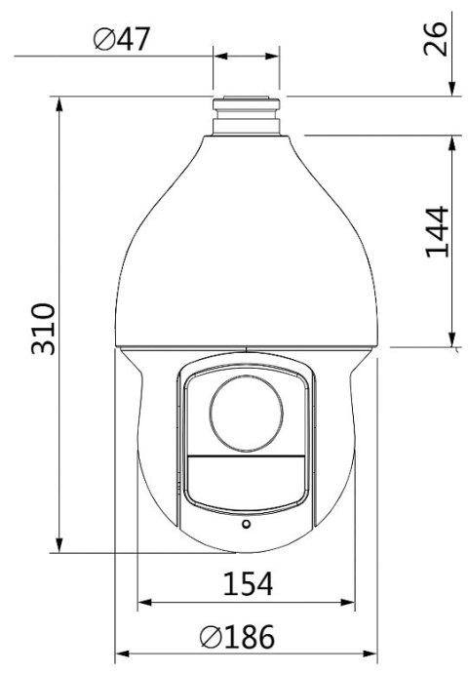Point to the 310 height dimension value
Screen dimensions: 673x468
tap(41, 329)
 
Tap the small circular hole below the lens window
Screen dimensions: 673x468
tap(246, 524)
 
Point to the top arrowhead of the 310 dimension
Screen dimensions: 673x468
tap(60, 102)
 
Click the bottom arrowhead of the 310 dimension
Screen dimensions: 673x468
tap(60, 548)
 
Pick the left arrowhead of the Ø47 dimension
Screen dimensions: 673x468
tap(219, 56)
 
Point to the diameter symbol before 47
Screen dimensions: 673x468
tap(104, 41)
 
